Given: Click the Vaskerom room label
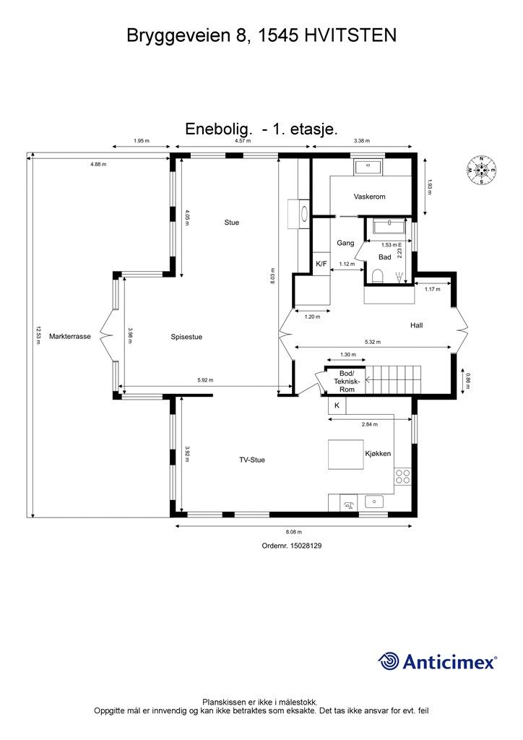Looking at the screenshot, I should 369,197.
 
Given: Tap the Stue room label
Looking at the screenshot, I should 231,223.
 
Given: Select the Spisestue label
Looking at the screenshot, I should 186,337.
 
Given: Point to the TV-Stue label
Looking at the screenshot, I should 252,460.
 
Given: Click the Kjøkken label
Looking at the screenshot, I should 378,454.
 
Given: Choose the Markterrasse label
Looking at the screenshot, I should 70,337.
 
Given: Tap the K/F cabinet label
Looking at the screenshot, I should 321,264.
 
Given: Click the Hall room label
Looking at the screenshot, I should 416,325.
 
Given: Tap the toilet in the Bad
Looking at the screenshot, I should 378,276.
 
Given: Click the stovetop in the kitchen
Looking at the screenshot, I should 402,476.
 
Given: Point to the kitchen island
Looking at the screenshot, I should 347,455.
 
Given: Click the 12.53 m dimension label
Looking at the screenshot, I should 38,337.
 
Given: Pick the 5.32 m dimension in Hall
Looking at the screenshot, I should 372,343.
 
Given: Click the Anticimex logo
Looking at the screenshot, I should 438,661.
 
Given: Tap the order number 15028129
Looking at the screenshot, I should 292,547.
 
